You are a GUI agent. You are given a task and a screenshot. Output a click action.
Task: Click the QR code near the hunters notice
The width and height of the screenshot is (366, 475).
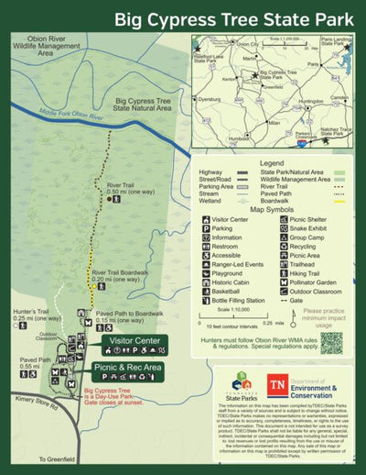coord(331,343)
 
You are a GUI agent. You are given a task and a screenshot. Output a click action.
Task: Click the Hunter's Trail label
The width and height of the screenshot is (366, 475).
coord(24,314)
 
